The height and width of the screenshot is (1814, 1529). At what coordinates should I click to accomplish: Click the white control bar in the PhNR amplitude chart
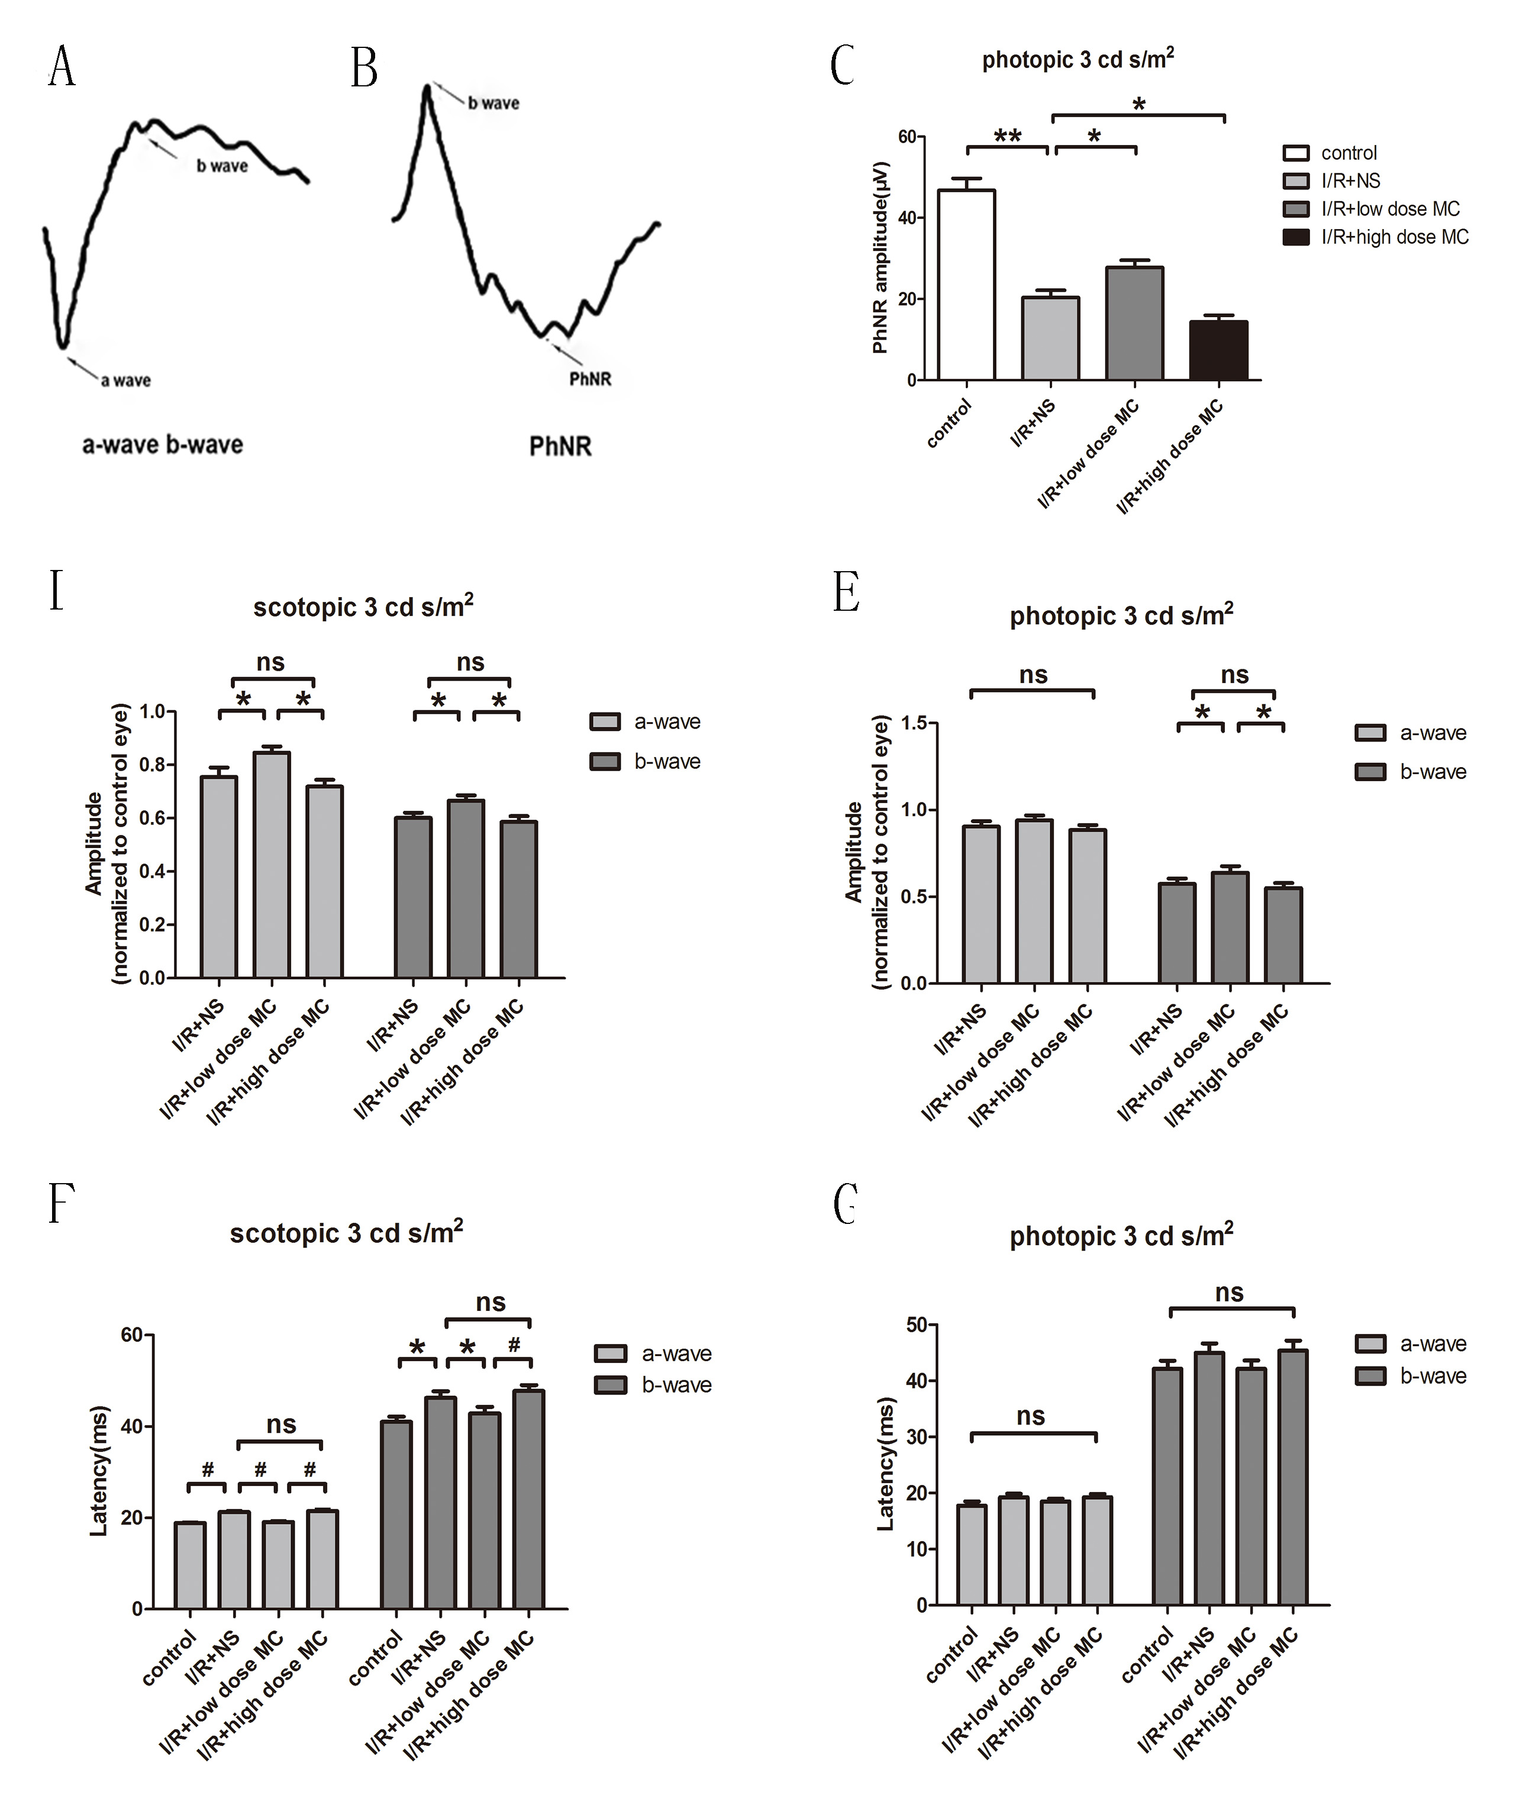(966, 285)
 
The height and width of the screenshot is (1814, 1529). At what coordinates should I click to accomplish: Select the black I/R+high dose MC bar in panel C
(1219, 350)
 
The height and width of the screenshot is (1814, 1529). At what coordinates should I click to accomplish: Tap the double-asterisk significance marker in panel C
(1007, 136)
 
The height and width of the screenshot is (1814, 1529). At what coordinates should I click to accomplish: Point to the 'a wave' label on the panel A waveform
(125, 380)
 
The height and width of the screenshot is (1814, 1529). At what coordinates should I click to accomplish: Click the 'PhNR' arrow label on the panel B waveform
(589, 379)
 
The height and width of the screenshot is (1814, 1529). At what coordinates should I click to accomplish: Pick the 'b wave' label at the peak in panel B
(493, 103)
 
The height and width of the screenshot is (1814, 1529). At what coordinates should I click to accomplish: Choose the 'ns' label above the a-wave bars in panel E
(1033, 675)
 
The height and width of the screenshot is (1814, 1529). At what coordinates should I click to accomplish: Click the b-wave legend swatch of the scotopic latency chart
(610, 1385)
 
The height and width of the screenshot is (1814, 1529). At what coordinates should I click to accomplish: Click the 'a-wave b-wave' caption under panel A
(162, 445)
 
